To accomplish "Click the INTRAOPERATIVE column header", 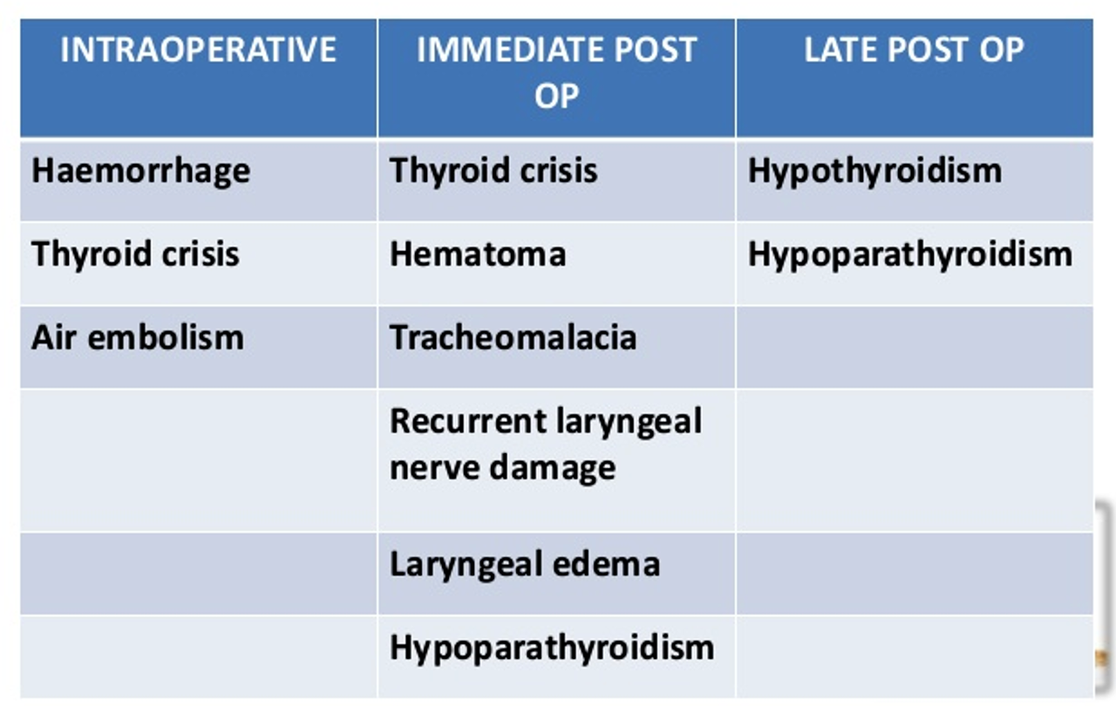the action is [198, 50].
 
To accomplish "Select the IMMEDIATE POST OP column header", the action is [556, 72].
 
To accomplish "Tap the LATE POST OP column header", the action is [915, 50].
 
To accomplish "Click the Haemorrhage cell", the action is [141, 172].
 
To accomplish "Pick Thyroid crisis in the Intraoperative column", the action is [135, 254].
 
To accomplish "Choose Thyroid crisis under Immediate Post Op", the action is [493, 170].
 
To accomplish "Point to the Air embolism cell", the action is [138, 337].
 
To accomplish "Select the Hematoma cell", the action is [477, 255].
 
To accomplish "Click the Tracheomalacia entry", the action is [514, 337].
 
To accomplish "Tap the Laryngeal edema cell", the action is [525, 565].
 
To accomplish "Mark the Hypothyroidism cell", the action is [874, 172].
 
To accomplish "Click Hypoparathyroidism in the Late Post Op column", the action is [909, 255].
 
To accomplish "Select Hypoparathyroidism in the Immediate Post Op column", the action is [552, 648].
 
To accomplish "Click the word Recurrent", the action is [468, 421].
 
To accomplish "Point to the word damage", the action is [553, 469].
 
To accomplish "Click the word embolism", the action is [166, 337].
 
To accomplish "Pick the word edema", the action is [606, 565].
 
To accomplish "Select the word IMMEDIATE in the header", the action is [511, 50].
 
